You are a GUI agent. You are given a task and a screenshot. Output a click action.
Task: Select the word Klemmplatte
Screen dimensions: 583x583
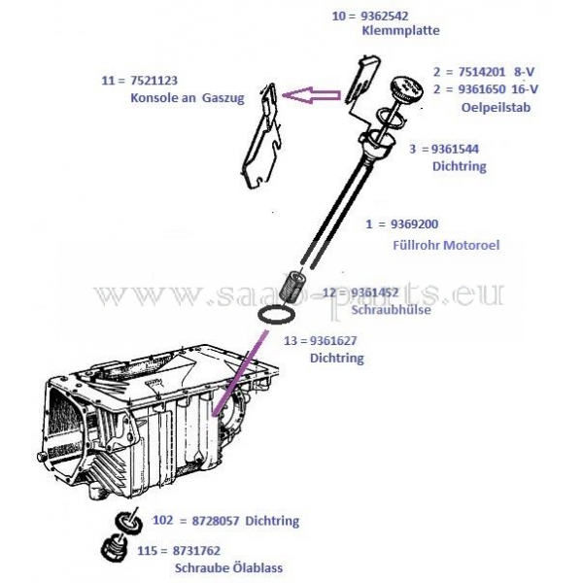click(400, 32)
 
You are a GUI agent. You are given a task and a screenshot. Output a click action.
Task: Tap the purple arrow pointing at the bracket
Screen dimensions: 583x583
click(309, 94)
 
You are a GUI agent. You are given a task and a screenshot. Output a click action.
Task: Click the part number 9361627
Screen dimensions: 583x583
click(334, 340)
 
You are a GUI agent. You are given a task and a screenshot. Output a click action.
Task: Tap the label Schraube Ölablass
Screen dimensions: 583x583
click(229, 568)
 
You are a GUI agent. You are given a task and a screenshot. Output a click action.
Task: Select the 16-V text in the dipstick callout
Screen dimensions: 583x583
click(524, 88)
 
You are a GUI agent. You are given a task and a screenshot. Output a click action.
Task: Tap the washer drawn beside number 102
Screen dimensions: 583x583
click(126, 522)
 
